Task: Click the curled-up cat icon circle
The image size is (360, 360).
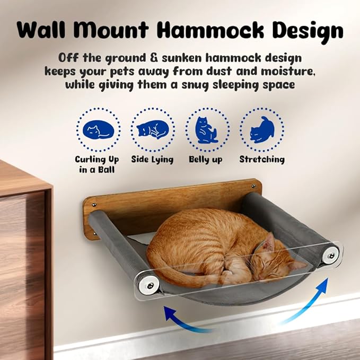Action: click(98, 130)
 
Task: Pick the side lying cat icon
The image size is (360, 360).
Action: click(153, 130)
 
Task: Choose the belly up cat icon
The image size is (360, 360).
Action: click(207, 130)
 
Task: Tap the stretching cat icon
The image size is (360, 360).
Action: click(261, 130)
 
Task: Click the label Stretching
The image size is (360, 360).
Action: click(262, 159)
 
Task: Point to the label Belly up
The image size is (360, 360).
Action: click(206, 160)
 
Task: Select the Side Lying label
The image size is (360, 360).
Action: click(152, 160)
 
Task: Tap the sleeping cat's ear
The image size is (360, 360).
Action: click(269, 243)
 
